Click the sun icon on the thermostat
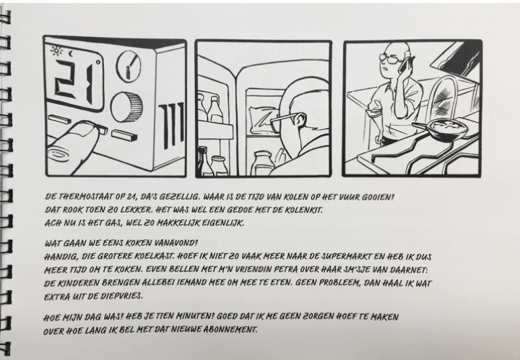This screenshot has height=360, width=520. point(57,51)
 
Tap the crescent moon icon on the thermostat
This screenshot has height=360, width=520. point(71,53)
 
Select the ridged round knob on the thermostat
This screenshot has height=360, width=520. point(126,107)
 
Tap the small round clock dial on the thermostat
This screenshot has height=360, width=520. point(129,66)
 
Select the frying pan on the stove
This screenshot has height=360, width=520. point(441,129)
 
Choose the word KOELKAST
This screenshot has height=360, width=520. point(154,256)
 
